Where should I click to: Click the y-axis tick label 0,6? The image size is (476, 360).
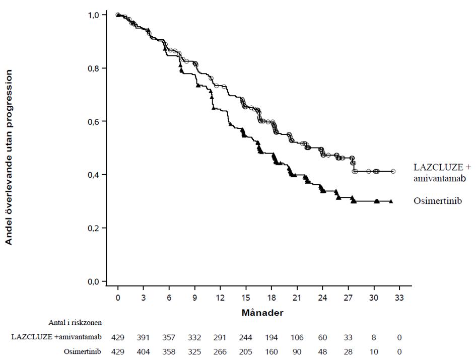[93, 121]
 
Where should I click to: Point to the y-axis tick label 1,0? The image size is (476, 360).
[93, 15]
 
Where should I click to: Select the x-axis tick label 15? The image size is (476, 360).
[246, 298]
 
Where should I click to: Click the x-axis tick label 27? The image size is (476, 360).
[348, 298]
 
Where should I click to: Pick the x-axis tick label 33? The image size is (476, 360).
[399, 298]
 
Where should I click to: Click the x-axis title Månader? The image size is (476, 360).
[262, 312]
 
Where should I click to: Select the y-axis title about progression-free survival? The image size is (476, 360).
[9, 157]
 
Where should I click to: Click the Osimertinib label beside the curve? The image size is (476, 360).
[437, 200]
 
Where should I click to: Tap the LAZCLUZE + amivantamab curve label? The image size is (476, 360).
[442, 172]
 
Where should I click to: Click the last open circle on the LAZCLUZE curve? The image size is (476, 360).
[393, 172]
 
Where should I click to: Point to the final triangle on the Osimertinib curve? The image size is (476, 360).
[391, 201]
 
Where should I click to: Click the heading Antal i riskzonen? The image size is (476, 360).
[75, 322]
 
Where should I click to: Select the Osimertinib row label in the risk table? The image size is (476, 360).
[82, 351]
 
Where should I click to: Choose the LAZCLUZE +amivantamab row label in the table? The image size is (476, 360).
[56, 337]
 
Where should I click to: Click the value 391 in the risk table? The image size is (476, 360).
[143, 337]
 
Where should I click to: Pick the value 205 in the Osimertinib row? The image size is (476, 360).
[246, 352]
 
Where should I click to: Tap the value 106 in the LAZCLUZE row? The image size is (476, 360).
[297, 337]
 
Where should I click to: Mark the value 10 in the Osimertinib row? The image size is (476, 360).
[374, 352]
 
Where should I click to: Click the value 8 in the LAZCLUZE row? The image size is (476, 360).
[374, 337]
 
